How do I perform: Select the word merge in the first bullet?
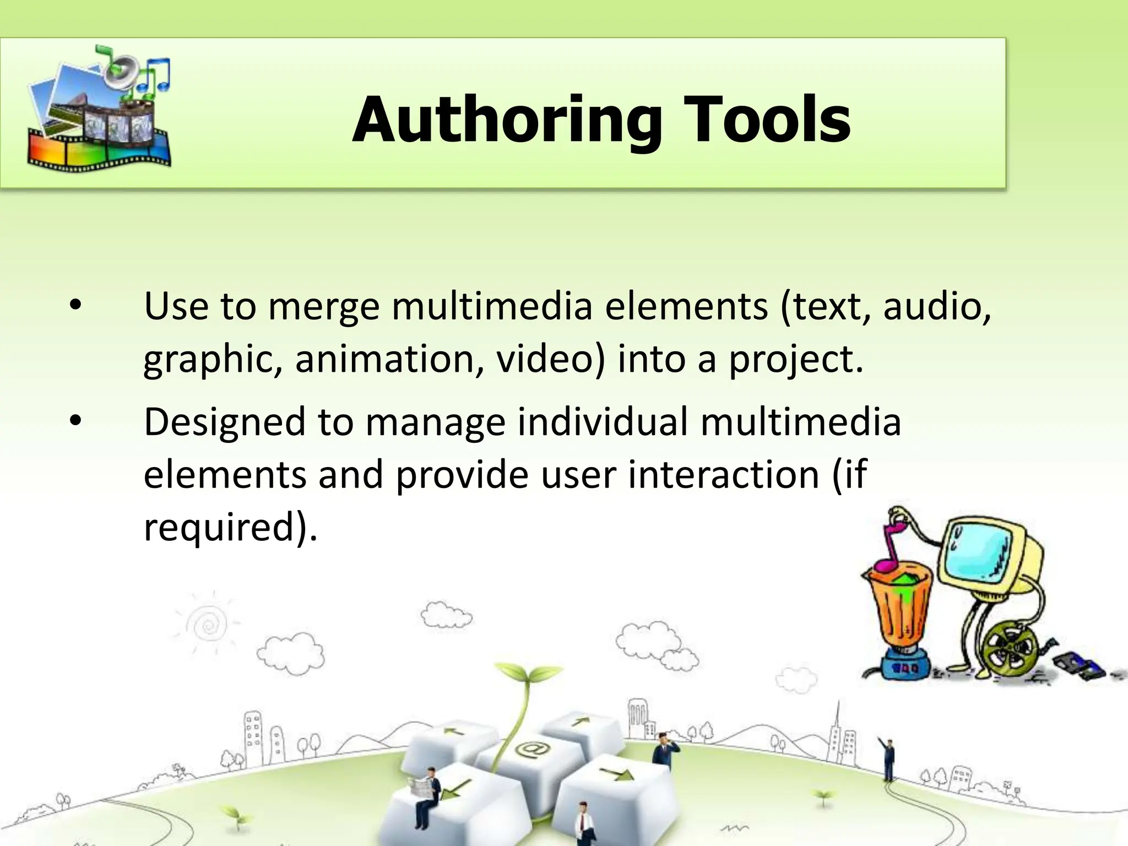324,307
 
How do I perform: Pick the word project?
795,360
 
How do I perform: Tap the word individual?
603,421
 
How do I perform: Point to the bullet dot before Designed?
75,421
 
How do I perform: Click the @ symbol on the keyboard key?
531,750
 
